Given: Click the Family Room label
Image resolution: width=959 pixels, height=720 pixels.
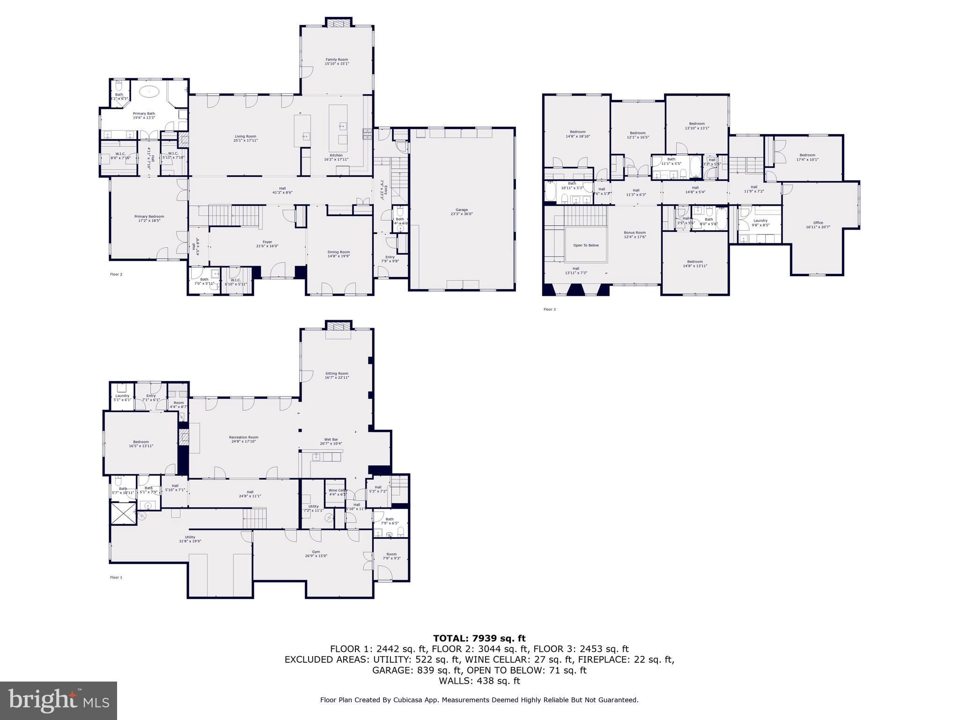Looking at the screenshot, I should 337,61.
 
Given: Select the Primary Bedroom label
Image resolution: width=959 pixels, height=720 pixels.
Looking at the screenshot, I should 149,218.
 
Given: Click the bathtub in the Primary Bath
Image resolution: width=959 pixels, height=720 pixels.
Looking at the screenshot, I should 149,92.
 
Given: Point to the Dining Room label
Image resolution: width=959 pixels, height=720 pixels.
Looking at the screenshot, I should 339,254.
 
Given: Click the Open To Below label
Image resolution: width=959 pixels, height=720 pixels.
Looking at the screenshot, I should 586,245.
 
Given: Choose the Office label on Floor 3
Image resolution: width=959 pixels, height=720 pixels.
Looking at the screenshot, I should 818,225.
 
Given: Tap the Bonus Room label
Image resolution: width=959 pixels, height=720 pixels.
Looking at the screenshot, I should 634,234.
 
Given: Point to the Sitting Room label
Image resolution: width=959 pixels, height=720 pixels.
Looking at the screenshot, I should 337,375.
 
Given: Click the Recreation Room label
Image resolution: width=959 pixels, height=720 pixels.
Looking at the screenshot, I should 243,439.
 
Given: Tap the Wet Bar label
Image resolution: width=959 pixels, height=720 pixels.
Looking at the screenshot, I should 331,442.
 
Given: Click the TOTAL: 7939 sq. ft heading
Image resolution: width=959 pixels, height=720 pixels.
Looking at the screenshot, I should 479,638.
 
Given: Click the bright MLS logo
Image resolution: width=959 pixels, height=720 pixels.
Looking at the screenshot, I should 59,700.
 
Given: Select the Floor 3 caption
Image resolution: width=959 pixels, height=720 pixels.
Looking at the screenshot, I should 549,309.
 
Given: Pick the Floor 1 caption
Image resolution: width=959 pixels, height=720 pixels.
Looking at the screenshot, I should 116,577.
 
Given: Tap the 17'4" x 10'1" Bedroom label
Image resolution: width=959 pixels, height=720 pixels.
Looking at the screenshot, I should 807,157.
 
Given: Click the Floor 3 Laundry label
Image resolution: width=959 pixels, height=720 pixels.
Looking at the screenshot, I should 760,222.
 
